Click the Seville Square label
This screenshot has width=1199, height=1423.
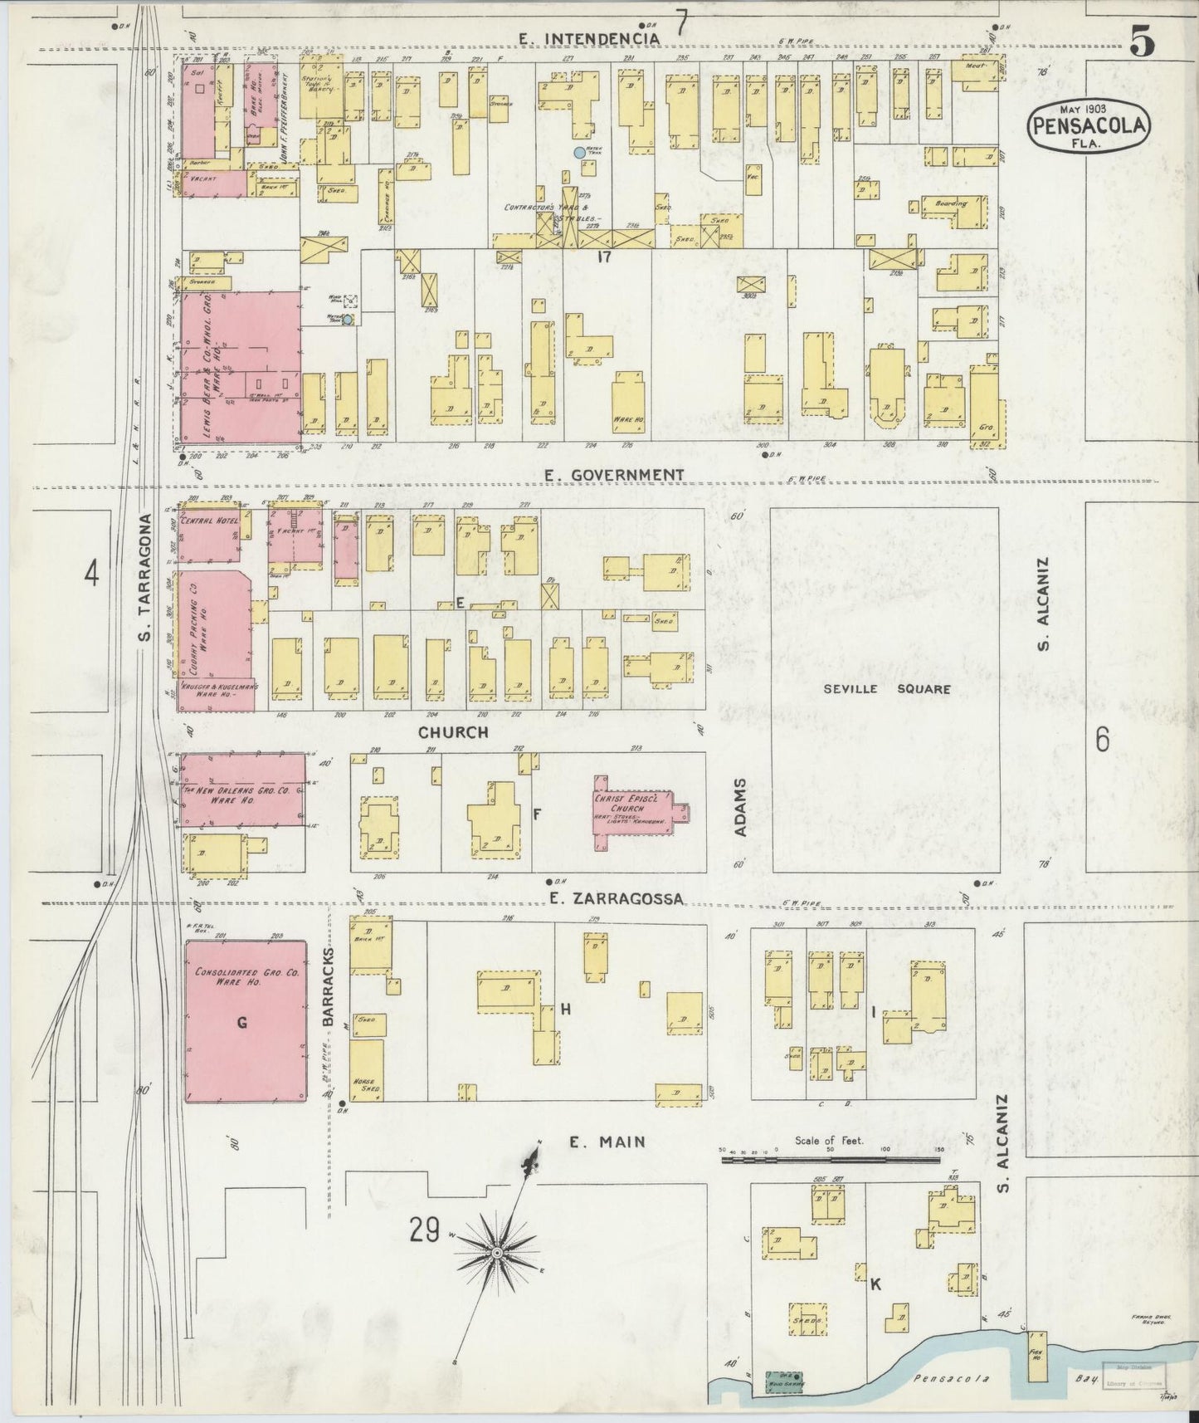(x=886, y=688)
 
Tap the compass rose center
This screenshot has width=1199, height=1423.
(x=495, y=1252)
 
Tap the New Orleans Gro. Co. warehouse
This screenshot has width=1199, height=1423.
(x=242, y=790)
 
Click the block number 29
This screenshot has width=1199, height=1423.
(x=423, y=1230)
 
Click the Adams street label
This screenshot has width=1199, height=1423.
(x=742, y=807)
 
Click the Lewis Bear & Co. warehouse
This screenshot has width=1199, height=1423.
(x=241, y=371)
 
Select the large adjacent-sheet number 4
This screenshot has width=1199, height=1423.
(x=91, y=574)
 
